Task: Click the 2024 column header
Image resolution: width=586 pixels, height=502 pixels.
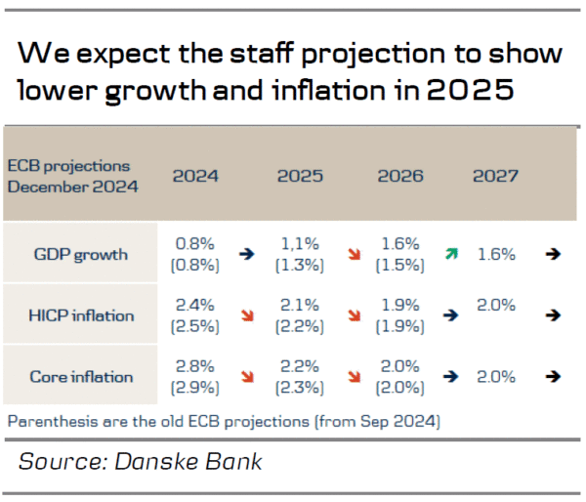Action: point(195,176)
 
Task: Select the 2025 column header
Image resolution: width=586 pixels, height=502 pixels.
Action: point(300,176)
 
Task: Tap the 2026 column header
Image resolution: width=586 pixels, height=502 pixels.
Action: point(400,176)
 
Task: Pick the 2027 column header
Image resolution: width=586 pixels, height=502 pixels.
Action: point(495,176)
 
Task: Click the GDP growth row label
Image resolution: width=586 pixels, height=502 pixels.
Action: point(80,255)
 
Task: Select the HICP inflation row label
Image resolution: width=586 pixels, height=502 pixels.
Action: point(80,315)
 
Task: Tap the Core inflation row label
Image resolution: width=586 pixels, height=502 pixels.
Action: point(80,376)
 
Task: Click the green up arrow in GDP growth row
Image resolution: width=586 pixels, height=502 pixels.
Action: point(451,254)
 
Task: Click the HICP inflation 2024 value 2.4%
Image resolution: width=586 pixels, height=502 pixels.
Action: point(195,305)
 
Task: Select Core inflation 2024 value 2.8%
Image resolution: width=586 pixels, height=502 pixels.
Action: point(195,365)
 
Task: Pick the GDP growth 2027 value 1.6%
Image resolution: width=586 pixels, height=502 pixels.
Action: point(496,254)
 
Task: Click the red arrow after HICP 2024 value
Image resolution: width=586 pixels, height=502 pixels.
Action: point(248,315)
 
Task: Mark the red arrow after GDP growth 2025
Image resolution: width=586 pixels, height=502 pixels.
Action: point(352,254)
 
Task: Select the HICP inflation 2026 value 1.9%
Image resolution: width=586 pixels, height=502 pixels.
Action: point(400,305)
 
